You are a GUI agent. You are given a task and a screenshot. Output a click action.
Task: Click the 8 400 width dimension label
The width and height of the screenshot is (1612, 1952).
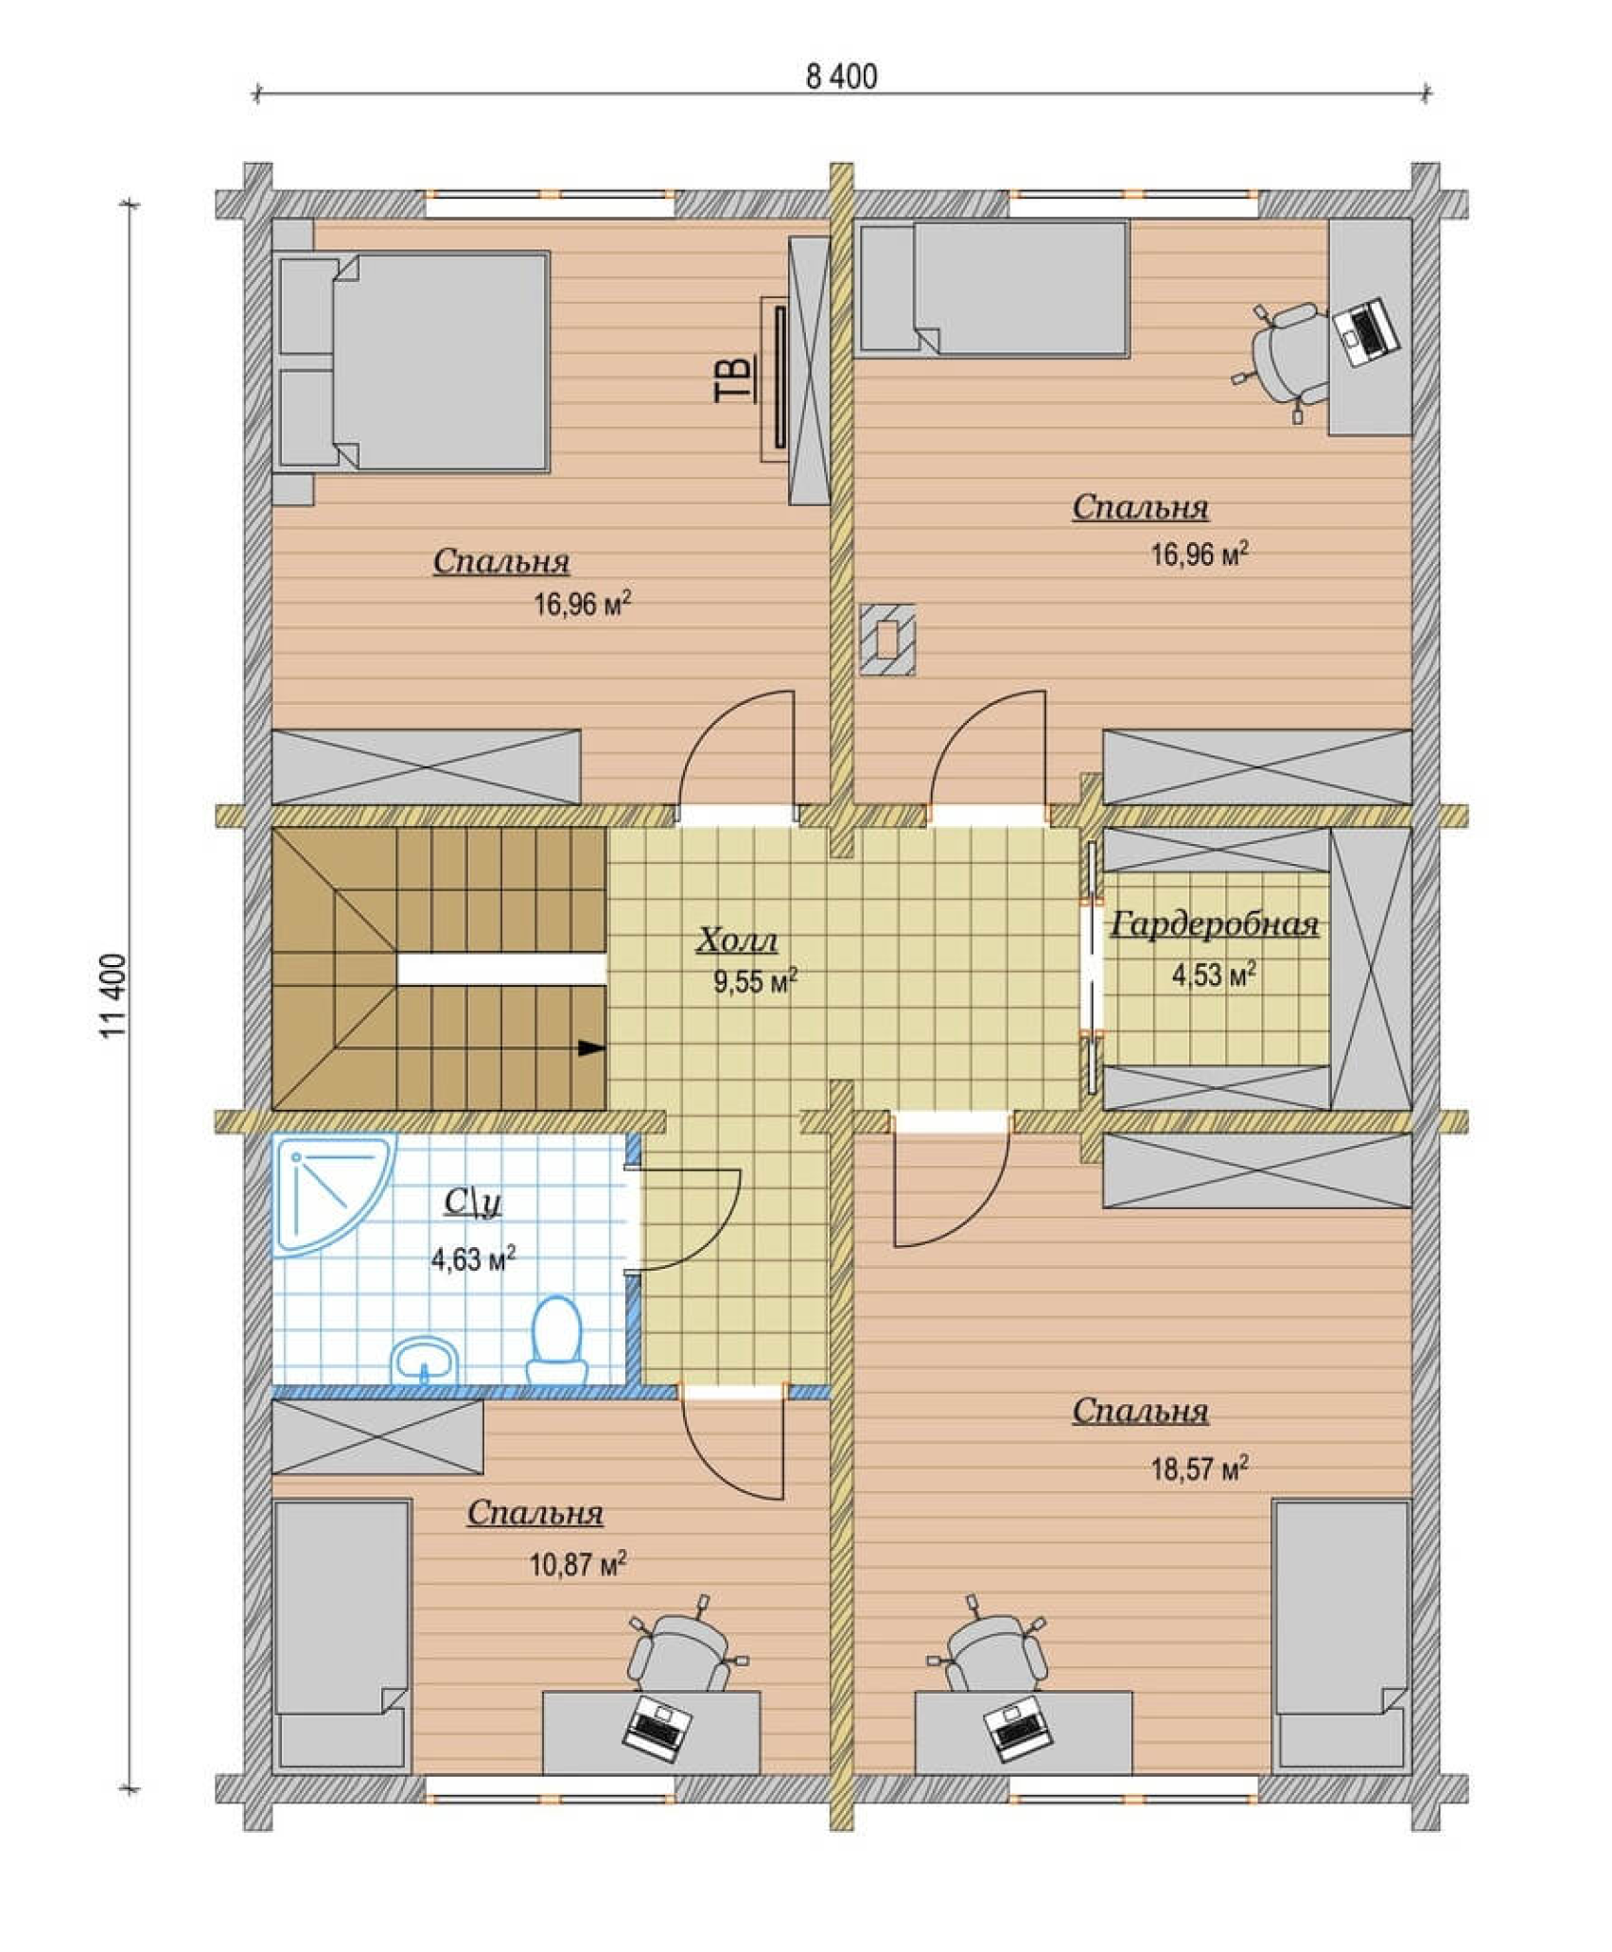841,77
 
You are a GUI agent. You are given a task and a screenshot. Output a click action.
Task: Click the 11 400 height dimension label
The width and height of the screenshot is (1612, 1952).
113,995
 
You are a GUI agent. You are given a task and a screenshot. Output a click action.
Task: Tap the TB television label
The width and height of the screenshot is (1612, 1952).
734,378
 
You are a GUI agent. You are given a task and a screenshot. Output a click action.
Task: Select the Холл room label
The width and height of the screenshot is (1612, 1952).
737,941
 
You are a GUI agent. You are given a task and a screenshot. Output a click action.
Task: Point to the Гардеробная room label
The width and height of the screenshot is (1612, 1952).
1215,923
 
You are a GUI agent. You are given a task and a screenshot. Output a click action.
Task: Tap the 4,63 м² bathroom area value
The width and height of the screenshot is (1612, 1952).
473,1259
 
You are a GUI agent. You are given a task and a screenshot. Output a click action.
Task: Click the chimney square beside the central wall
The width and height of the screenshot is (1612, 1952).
887,639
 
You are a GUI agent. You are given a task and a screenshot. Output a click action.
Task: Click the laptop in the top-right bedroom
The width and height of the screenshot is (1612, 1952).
1366,332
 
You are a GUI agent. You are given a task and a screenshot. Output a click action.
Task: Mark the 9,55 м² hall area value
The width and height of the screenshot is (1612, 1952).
755,981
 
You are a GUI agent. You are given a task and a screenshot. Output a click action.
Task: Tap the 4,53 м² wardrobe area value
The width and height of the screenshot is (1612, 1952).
1215,974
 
